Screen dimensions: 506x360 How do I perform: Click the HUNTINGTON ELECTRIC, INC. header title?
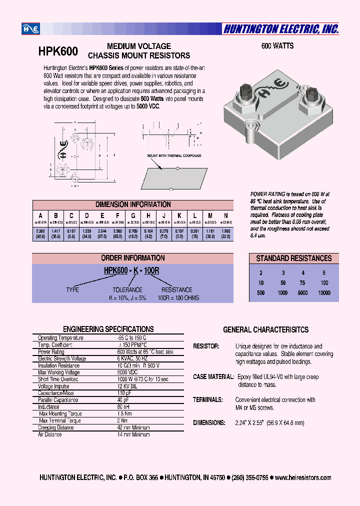click(x=281, y=29)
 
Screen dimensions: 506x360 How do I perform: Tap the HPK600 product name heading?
click(x=57, y=51)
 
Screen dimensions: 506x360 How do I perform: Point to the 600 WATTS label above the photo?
click(x=277, y=46)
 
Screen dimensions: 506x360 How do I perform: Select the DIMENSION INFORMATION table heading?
click(x=133, y=204)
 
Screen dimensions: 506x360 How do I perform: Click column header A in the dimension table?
click(x=40, y=215)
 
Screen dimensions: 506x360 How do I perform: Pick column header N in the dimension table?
click(x=225, y=215)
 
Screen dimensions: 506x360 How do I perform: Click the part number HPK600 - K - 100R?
click(x=131, y=270)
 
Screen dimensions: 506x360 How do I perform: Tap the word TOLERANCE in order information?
click(x=127, y=289)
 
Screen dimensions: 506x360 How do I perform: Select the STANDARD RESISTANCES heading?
click(x=294, y=258)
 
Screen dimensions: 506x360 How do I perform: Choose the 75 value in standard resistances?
click(x=302, y=283)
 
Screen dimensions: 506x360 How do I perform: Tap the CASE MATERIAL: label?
click(x=213, y=376)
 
